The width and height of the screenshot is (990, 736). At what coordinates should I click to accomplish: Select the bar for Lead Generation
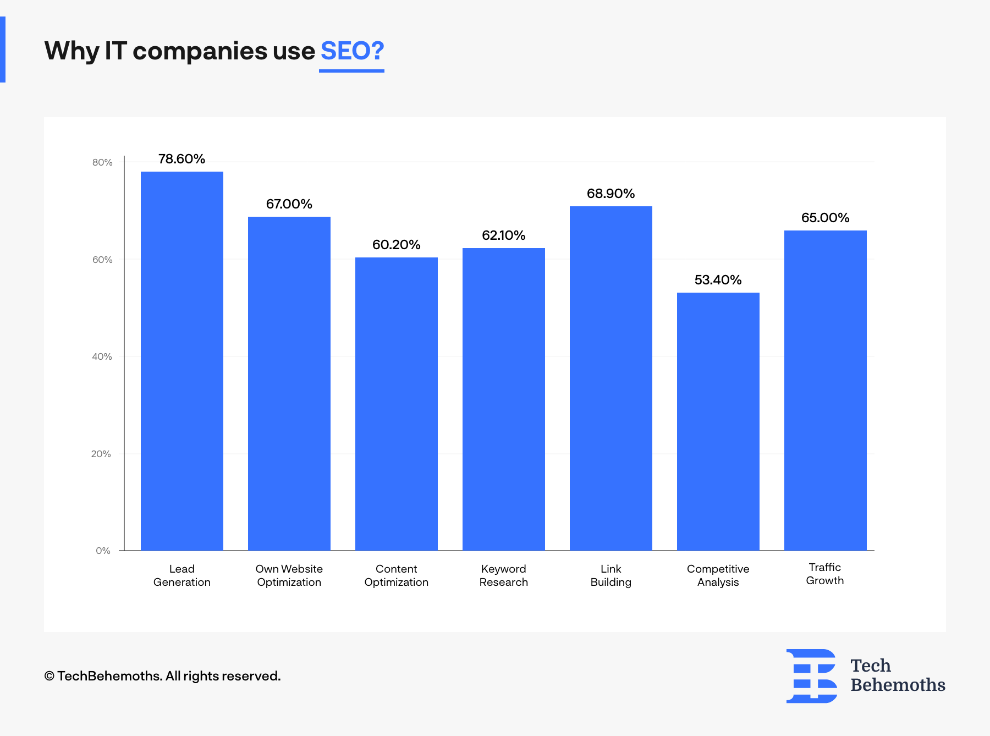coord(182,361)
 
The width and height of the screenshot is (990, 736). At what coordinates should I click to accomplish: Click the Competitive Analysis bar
coord(718,421)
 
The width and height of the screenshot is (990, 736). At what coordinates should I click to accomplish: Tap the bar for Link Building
coord(610,378)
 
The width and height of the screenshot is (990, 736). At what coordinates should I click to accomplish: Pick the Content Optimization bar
coord(396,404)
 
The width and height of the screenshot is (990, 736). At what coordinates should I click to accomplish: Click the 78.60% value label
coord(182,159)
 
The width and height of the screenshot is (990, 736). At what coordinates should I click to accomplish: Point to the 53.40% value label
coord(718,280)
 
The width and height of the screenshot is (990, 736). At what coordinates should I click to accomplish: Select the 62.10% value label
coord(503,235)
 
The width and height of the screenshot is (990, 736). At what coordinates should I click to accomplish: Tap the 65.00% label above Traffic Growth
coord(825,218)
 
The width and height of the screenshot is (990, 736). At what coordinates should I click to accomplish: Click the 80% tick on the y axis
coord(102,162)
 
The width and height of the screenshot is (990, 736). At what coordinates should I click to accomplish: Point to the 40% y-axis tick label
coord(102,356)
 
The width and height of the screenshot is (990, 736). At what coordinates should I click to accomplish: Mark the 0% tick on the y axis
coord(103,551)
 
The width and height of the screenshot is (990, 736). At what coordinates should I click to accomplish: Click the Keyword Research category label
coord(503,575)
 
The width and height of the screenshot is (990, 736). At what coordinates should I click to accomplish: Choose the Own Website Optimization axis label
coord(289,575)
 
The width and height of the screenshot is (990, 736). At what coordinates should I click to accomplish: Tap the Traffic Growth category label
coord(824,574)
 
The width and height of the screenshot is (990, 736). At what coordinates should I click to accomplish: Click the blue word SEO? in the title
coord(352,51)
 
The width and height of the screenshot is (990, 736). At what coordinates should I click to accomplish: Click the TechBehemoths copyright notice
coord(162,676)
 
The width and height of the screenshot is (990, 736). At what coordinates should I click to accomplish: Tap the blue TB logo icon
coord(812,676)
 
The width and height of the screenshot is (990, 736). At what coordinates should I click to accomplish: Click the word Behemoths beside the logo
coord(898,685)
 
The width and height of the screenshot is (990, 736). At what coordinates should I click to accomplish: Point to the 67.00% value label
coord(289,204)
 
